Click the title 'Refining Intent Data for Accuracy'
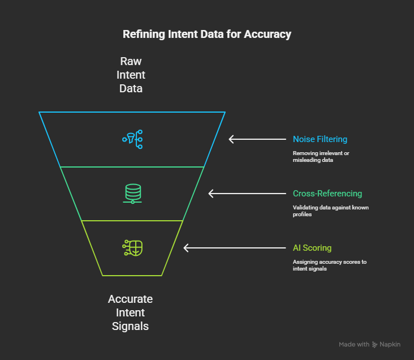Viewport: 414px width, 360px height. point(207,35)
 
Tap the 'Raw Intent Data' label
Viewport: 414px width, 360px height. point(131,75)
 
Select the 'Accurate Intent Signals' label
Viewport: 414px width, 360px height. point(131,312)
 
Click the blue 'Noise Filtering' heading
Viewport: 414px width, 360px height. point(320,139)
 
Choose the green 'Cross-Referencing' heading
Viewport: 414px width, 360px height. point(327,194)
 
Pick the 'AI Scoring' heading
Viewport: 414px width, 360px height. point(312,248)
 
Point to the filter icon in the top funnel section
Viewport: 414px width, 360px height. point(132,139)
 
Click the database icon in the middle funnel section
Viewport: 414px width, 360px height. point(132,194)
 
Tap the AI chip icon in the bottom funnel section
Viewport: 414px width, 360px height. point(132,248)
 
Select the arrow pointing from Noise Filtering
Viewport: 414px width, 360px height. point(257,139)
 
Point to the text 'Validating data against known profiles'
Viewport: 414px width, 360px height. point(330,211)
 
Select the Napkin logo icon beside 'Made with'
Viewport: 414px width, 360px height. point(376,344)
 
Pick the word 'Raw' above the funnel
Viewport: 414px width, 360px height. point(131,61)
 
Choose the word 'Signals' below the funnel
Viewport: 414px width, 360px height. point(131,327)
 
